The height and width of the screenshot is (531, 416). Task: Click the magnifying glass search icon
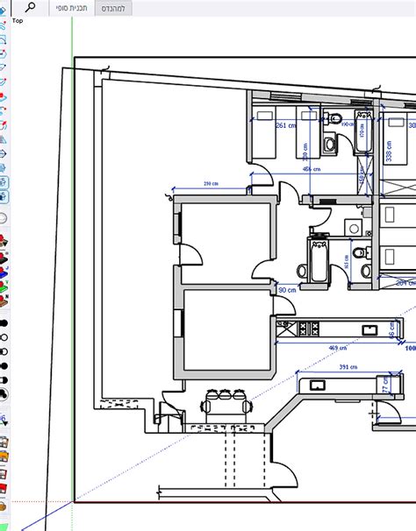(31, 7)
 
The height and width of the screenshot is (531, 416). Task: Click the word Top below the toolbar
(18, 20)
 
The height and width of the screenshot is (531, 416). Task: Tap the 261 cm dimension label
(284, 125)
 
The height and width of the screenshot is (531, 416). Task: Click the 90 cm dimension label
(287, 290)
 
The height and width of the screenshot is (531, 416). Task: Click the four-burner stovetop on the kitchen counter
(309, 329)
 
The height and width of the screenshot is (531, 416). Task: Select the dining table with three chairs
(221, 404)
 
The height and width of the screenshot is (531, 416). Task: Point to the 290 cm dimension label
(211, 184)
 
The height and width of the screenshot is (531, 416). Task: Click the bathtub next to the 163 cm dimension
(317, 262)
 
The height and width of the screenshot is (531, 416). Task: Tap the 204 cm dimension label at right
(405, 283)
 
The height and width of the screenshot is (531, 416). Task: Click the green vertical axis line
(72, 263)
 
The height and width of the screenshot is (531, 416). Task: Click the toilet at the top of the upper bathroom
(330, 143)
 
